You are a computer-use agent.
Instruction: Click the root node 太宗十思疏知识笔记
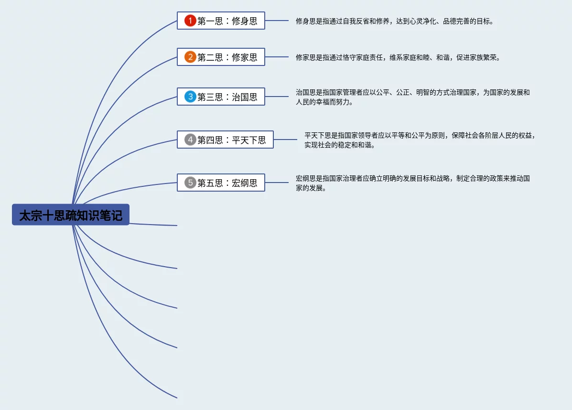pyautogui.click(x=71, y=215)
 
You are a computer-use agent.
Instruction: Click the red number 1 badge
pyautogui.click(x=190, y=21)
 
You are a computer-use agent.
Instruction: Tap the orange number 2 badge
pyautogui.click(x=190, y=57)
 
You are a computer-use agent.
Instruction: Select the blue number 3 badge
pyautogui.click(x=190, y=97)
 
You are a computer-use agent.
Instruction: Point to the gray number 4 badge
pyautogui.click(x=190, y=140)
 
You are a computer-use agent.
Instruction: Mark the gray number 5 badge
pyautogui.click(x=190, y=183)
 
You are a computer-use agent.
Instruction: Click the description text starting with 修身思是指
pyautogui.click(x=394, y=21)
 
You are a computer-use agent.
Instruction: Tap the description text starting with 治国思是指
pyautogui.click(x=412, y=97)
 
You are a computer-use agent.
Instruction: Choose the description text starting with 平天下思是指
pyautogui.click(x=419, y=140)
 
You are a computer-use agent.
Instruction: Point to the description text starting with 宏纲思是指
pyautogui.click(x=412, y=183)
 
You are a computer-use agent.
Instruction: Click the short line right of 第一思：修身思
pyautogui.click(x=277, y=21)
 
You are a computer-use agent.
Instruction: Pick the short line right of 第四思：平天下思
pyautogui.click(x=285, y=140)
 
